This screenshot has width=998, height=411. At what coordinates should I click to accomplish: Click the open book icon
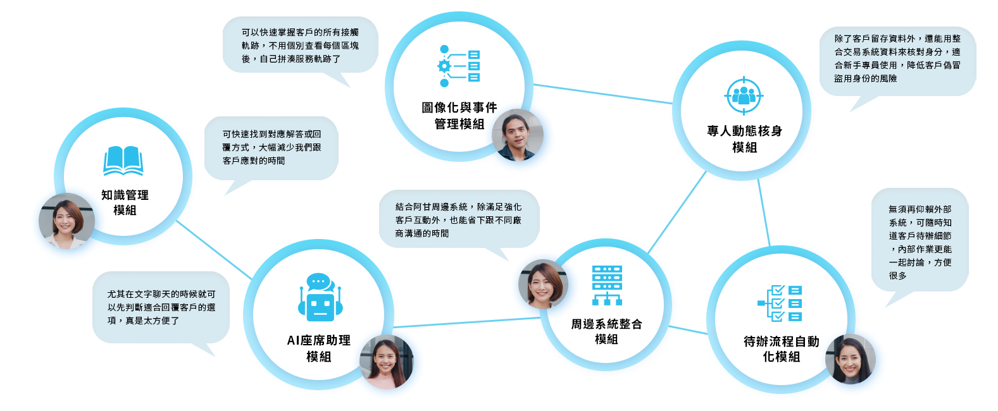click(x=123, y=161)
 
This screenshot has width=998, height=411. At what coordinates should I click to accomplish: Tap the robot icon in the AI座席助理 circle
click(x=320, y=297)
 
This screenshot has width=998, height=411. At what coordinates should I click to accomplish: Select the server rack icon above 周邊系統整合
click(x=607, y=285)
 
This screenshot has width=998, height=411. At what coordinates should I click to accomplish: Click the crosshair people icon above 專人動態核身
click(x=744, y=95)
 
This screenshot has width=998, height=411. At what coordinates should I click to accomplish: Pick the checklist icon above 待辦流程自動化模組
click(x=780, y=304)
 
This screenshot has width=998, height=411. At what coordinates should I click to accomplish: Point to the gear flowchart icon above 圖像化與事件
click(x=459, y=66)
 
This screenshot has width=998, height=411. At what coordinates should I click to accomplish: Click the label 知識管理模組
click(x=125, y=202)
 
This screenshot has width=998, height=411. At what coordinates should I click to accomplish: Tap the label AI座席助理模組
click(x=318, y=348)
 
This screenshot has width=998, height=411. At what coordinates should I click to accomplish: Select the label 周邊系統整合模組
click(x=606, y=331)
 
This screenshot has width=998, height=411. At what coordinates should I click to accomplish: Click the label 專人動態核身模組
click(x=744, y=139)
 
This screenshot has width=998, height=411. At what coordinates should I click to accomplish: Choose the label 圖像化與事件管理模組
click(x=459, y=116)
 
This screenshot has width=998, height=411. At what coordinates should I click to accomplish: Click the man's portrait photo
click(x=518, y=135)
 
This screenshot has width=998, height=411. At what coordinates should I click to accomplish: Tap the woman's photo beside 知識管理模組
click(x=66, y=221)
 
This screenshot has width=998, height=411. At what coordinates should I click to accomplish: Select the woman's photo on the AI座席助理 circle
click(x=386, y=362)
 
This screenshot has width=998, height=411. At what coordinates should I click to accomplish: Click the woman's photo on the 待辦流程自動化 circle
click(x=851, y=359)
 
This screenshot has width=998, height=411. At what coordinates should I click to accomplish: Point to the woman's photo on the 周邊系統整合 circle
click(x=543, y=284)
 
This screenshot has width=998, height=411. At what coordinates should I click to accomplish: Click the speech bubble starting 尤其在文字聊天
click(x=161, y=307)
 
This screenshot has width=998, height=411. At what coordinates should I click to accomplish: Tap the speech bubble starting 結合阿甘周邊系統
click(x=459, y=219)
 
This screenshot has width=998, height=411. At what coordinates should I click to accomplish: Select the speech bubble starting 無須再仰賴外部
click(x=920, y=242)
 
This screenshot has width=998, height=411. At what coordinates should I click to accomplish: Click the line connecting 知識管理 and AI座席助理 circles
click(x=214, y=250)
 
